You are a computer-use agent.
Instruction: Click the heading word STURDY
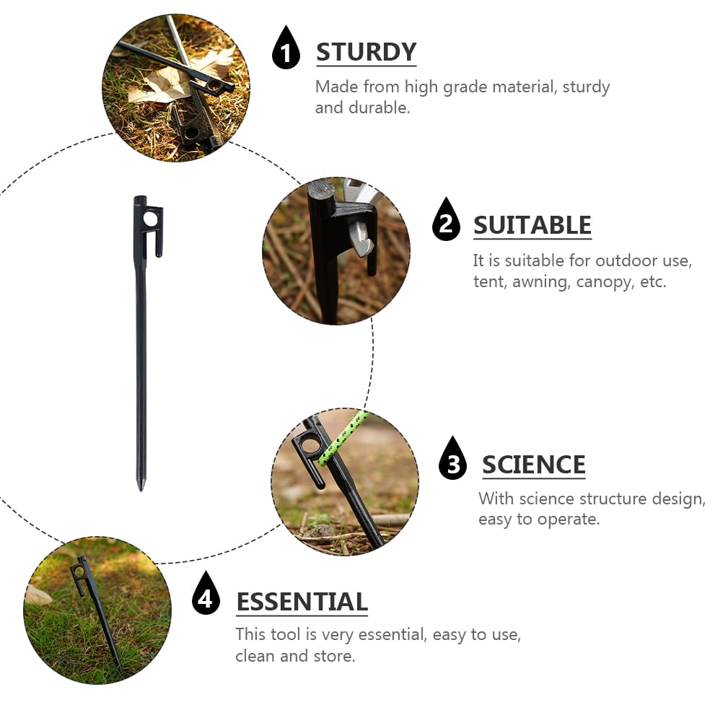pos(366,52)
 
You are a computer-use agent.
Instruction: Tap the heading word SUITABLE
pos(532,225)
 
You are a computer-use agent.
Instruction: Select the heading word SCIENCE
pos(533,465)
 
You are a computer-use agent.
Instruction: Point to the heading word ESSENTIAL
pos(302,602)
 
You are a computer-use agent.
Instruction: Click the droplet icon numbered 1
pos(286,48)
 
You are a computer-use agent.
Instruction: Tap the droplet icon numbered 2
pos(446,220)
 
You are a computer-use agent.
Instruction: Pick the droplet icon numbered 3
pos(453,459)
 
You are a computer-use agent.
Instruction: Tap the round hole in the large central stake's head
pos(150,219)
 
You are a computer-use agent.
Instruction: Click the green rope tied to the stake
pos(343,438)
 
